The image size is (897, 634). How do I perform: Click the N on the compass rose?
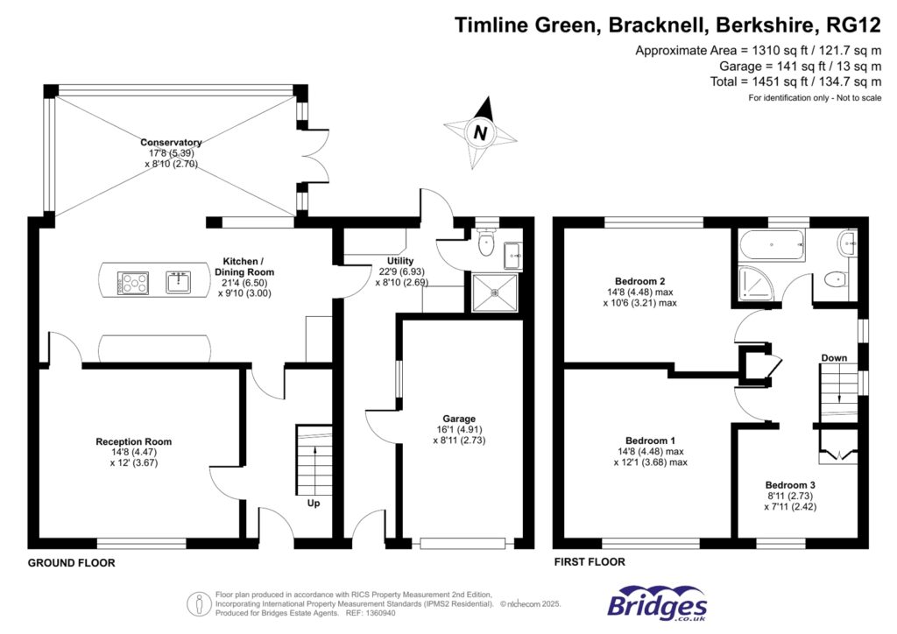479,133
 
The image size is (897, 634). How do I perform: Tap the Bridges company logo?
657,604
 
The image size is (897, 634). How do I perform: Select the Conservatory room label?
171,142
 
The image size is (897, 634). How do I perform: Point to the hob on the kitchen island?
133,282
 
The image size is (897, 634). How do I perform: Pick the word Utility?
400,261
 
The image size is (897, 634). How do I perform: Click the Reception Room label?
133,441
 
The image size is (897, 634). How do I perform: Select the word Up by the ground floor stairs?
313,504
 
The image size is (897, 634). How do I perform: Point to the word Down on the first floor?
834,357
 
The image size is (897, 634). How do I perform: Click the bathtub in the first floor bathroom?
772,244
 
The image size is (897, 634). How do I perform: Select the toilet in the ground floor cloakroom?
489,245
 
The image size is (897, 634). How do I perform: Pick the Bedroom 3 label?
791,484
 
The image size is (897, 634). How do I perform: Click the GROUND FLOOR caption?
71,563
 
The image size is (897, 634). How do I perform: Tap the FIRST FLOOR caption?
590,562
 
